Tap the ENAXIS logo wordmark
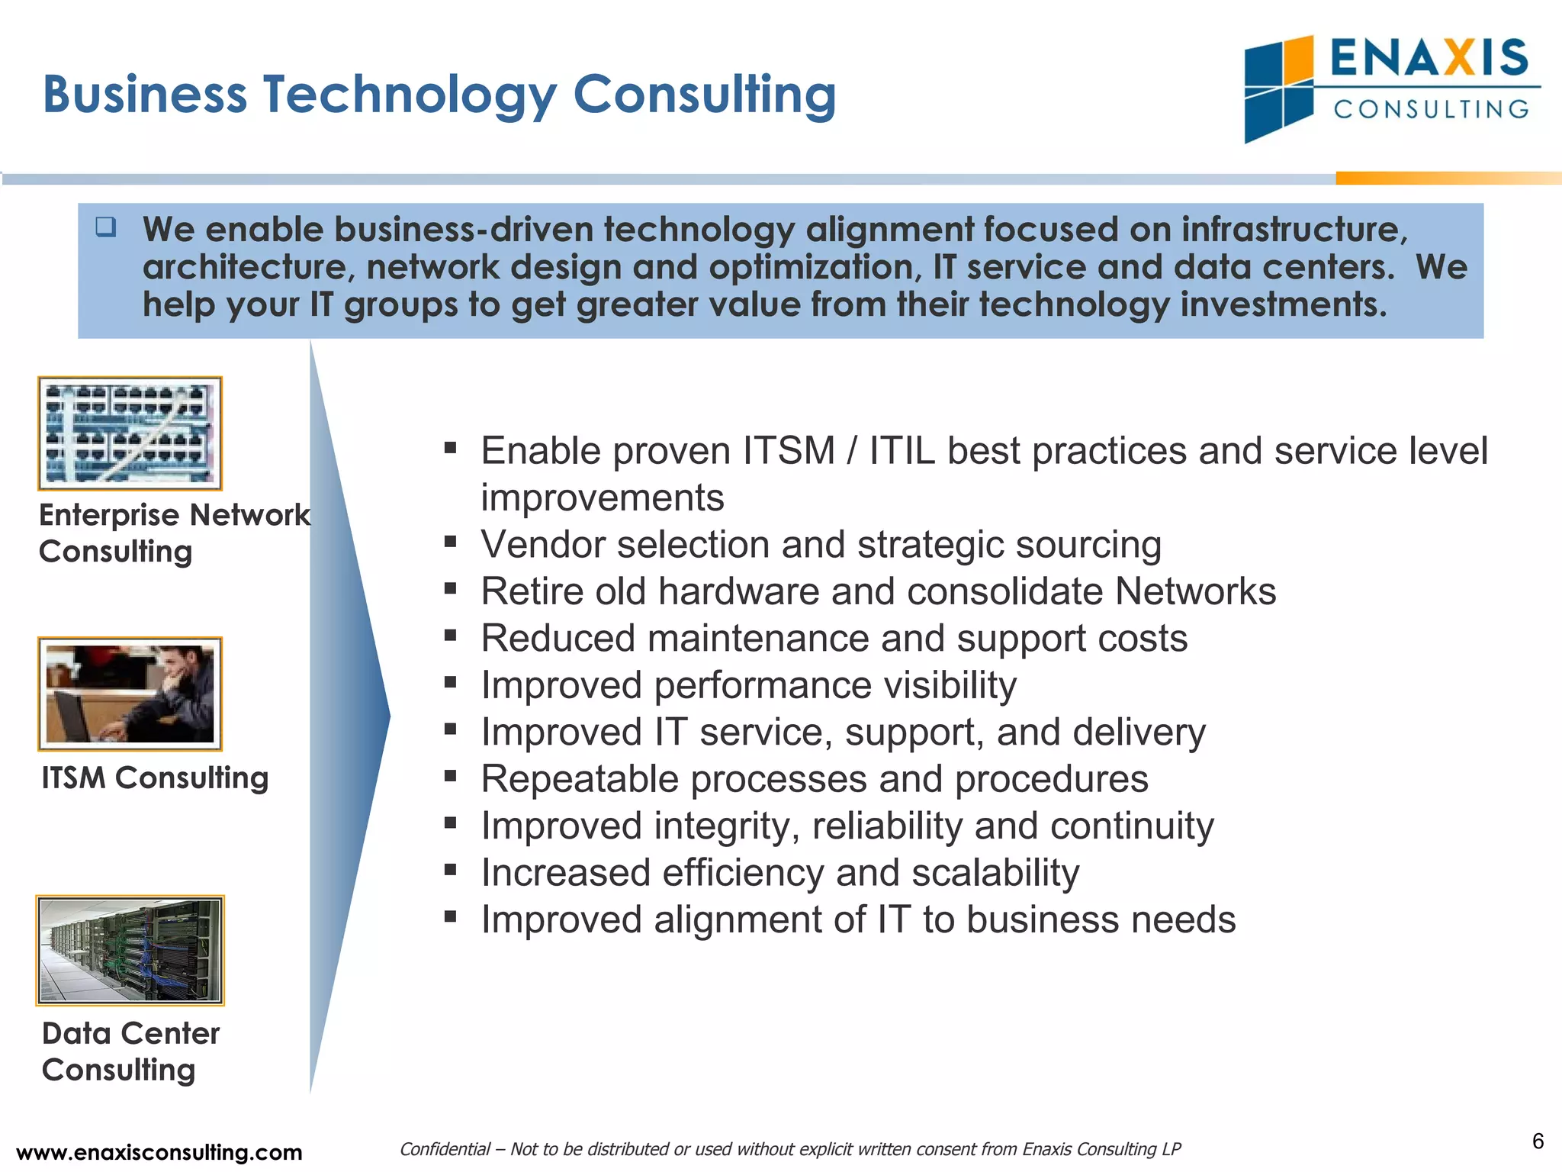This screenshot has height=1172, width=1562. pos(1429,58)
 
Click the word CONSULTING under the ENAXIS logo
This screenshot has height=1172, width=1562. pos(1432,109)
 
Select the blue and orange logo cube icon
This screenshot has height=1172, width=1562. pos(1279,89)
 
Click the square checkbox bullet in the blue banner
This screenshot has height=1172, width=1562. pos(106,227)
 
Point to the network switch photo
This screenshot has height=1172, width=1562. pos(130,433)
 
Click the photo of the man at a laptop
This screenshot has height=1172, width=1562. pos(130,694)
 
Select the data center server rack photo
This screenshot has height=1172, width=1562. pos(130,950)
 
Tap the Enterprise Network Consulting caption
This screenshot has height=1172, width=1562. pos(174,533)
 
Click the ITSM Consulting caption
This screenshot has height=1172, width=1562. pos(155,778)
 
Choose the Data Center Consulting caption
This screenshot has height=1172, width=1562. pos(130,1051)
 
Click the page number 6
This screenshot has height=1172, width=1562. pos(1538,1141)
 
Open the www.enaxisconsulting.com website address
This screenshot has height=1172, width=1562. pos(159,1152)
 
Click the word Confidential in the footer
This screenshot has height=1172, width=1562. pos(445,1149)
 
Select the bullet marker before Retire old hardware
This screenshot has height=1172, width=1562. pos(450,589)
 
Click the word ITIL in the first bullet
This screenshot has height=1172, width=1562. pos(902,451)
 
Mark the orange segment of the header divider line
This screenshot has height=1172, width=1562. pos(1448,179)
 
